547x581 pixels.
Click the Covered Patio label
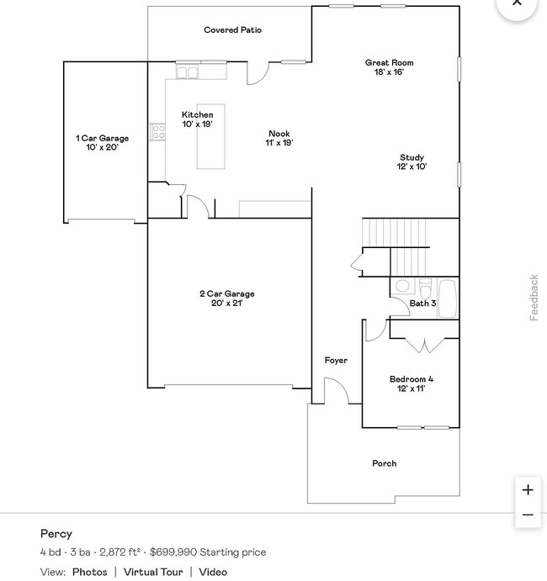[232, 30]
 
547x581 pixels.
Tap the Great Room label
[389, 67]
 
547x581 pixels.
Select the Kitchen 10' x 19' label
[198, 119]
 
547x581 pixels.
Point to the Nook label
[279, 138]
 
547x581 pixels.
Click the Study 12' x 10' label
[412, 161]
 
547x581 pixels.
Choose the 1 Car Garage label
[102, 142]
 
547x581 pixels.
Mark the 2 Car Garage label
[226, 298]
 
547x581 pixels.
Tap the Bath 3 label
[422, 304]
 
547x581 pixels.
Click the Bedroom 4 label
[412, 383]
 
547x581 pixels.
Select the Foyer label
[336, 361]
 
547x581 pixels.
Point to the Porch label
[384, 463]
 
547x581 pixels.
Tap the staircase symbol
[396, 233]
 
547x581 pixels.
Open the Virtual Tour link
[153, 572]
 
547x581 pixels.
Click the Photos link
[89, 572]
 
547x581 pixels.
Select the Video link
[213, 572]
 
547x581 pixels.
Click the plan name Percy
[56, 534]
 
